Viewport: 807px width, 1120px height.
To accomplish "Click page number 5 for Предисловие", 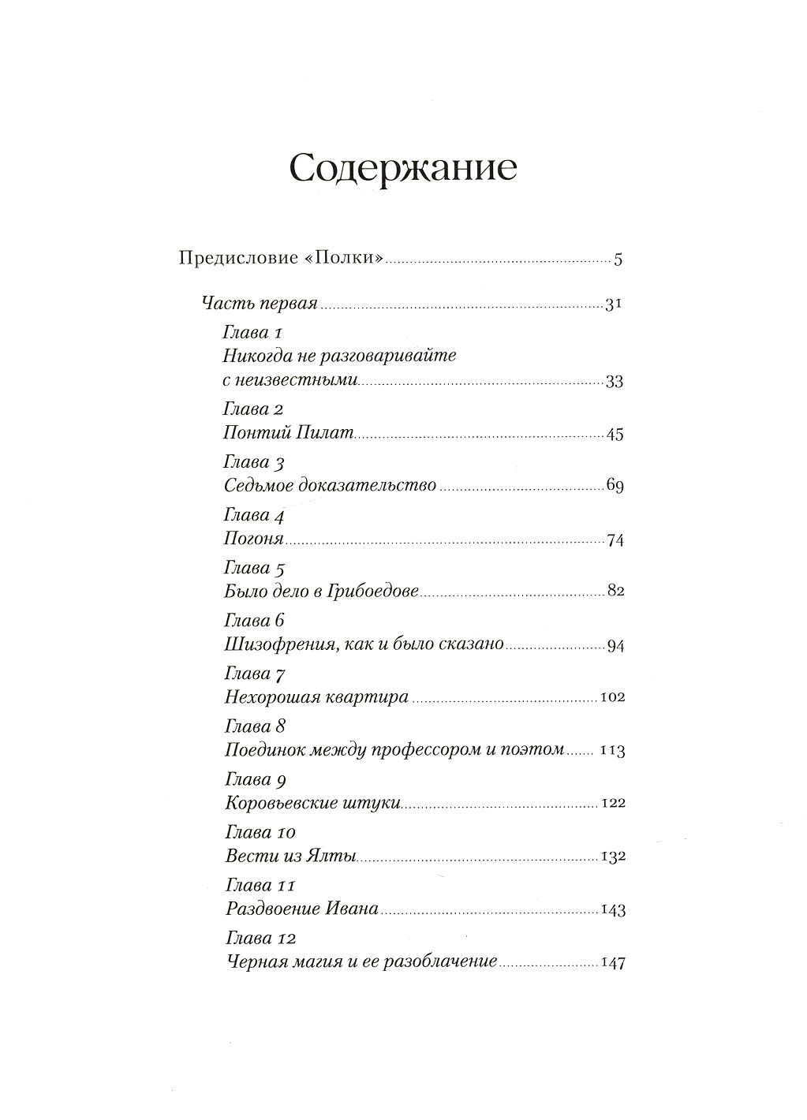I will tap(618, 259).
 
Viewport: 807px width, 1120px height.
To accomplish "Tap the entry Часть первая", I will tap(260, 304).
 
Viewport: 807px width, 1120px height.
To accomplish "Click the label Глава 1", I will tap(253, 332).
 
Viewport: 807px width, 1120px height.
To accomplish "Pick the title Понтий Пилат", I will tap(290, 433).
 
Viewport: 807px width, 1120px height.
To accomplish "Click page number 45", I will tap(615, 435).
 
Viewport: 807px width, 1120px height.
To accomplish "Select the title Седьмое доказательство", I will tap(330, 486).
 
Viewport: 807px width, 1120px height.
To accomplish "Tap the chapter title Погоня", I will tap(254, 540).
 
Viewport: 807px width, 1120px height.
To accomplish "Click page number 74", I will tap(615, 541).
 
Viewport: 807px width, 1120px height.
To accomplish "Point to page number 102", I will tap(612, 698).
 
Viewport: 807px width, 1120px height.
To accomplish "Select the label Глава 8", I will tap(254, 726).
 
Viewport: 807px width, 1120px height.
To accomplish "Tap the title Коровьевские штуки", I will tap(313, 804).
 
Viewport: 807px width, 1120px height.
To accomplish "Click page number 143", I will tap(613, 910).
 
